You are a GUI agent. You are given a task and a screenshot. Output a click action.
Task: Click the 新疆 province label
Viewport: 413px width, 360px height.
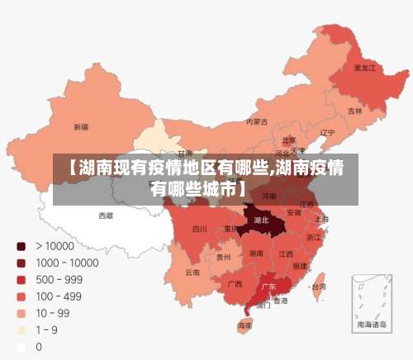pyautogui.click(x=81, y=127)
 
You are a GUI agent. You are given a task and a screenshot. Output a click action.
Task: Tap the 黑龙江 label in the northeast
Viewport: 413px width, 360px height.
pyautogui.click(x=364, y=68)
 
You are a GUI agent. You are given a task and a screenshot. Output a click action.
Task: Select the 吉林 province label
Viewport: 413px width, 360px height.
pyautogui.click(x=354, y=111)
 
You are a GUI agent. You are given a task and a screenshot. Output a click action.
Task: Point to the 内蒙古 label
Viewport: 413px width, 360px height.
pyautogui.click(x=257, y=121)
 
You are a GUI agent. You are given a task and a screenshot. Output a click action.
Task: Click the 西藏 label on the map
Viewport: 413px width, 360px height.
pyautogui.click(x=106, y=215)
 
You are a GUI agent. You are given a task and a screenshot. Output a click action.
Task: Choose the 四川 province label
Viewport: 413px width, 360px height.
pyautogui.click(x=200, y=229)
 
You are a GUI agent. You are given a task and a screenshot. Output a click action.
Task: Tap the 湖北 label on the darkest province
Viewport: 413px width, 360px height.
pyautogui.click(x=261, y=220)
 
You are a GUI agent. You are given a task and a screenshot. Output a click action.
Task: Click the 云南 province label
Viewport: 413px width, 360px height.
pyautogui.click(x=192, y=272)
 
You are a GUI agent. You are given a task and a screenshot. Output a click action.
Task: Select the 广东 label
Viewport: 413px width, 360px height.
pyautogui.click(x=268, y=287)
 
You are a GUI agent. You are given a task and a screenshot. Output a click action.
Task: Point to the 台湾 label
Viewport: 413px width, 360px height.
pyautogui.click(x=317, y=287)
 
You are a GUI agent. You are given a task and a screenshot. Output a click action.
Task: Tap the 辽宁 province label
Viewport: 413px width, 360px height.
pyautogui.click(x=327, y=133)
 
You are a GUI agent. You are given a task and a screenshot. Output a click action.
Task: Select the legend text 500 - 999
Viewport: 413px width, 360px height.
pyautogui.click(x=58, y=280)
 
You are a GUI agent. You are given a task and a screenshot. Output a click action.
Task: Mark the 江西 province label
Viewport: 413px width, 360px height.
pyautogui.click(x=286, y=253)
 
